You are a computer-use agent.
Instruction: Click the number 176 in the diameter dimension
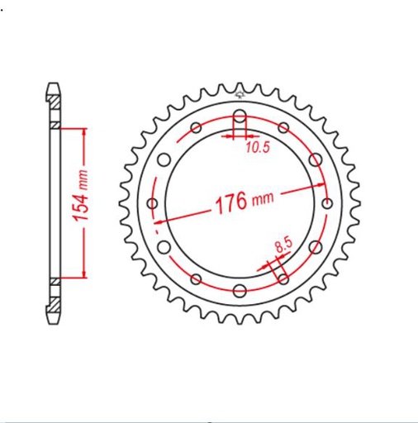pyautogui.click(x=230, y=202)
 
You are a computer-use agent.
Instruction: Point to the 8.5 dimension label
pyautogui.click(x=283, y=245)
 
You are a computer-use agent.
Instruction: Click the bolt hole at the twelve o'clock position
pyautogui.click(x=240, y=115)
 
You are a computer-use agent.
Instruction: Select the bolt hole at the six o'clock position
pyautogui.click(x=240, y=290)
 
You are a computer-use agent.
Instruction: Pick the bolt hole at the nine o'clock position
pyautogui.click(x=152, y=202)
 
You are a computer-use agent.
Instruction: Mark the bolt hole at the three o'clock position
pyautogui.click(x=327, y=202)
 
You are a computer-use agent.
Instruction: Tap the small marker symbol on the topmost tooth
pyautogui.click(x=240, y=86)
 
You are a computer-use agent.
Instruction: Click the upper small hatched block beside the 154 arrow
pyautogui.click(x=55, y=126)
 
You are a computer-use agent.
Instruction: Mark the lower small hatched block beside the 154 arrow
pyautogui.click(x=55, y=281)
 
